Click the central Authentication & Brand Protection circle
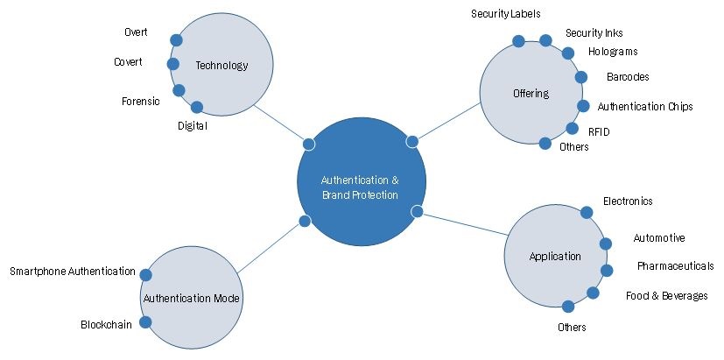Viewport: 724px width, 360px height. point(362,182)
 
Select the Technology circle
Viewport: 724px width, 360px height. point(221,65)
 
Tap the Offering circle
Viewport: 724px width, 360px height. point(531,93)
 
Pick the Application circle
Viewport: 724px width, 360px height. point(555,256)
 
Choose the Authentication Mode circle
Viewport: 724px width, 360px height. point(192,298)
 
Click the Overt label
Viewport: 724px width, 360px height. point(136,32)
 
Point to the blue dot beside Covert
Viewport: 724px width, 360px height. point(172,63)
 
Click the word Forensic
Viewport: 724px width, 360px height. point(140,101)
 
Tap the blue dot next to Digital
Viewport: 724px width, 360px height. point(197,108)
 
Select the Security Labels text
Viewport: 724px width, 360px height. point(506,14)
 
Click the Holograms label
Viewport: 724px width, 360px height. point(613,52)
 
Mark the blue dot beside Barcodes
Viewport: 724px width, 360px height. point(580,77)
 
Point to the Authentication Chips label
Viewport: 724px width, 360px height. point(645,107)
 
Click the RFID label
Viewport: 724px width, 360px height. point(599,131)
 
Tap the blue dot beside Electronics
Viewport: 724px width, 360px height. point(587,212)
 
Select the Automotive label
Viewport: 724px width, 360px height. point(659,238)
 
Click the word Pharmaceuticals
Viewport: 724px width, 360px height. point(675,265)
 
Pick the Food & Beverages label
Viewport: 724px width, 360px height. point(666,296)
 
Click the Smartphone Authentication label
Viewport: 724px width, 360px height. point(73,272)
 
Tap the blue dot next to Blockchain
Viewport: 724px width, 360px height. point(145,322)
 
